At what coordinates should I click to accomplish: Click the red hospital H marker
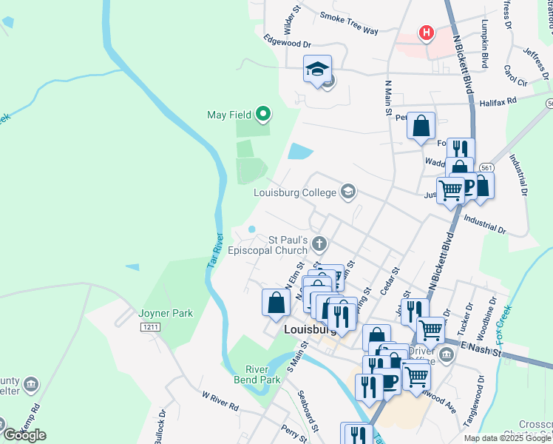(426, 33)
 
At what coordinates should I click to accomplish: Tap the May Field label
(226, 115)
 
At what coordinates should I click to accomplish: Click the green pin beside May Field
(262, 115)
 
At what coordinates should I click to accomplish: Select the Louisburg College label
(295, 193)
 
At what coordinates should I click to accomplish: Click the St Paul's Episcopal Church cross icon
(319, 243)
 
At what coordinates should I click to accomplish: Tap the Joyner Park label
(166, 313)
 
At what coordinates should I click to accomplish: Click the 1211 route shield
(151, 326)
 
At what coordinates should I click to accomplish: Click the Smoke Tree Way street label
(350, 23)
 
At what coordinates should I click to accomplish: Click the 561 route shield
(486, 168)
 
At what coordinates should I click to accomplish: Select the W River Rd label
(220, 400)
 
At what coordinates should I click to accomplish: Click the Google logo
(24, 436)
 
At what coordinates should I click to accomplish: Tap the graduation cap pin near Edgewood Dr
(318, 70)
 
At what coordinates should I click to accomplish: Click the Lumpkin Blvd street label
(485, 45)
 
